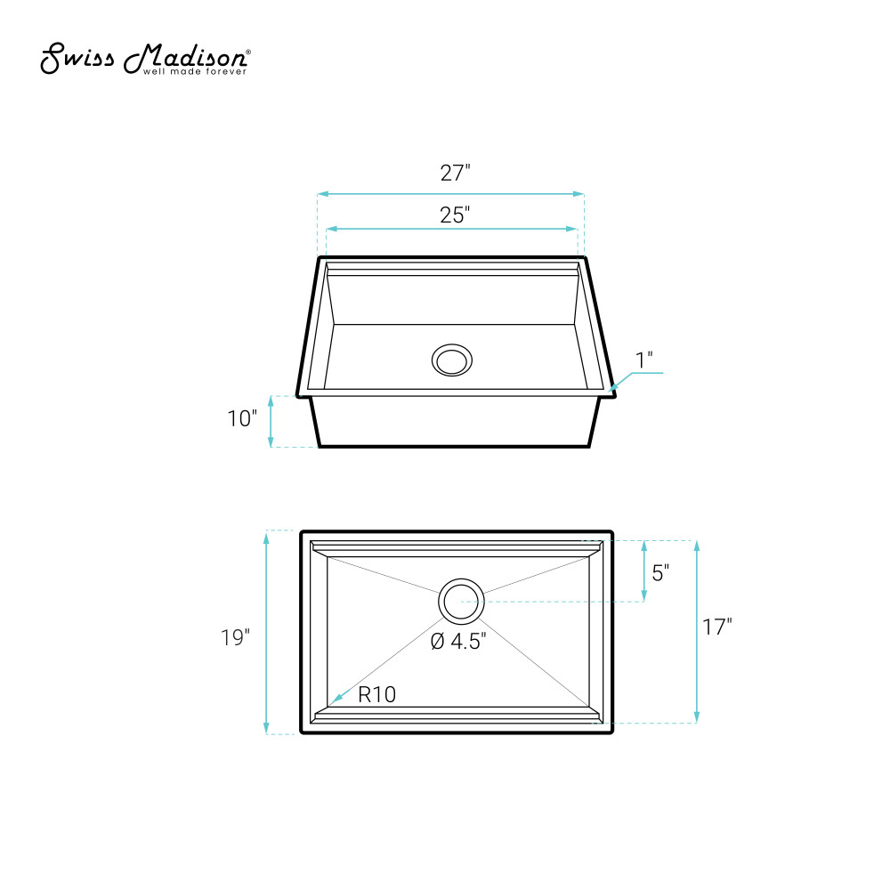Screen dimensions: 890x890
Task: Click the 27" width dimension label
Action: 455,174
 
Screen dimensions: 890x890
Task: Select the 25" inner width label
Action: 455,215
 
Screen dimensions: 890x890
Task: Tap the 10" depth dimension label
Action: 242,419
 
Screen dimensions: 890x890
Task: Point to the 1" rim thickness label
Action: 644,360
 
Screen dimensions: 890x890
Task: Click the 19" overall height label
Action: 236,637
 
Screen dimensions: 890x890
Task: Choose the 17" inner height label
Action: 717,627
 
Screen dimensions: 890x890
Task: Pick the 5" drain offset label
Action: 660,572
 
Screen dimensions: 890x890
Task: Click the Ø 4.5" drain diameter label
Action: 458,642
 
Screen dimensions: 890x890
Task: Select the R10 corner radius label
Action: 376,694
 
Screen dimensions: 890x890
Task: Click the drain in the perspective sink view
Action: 452,360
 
